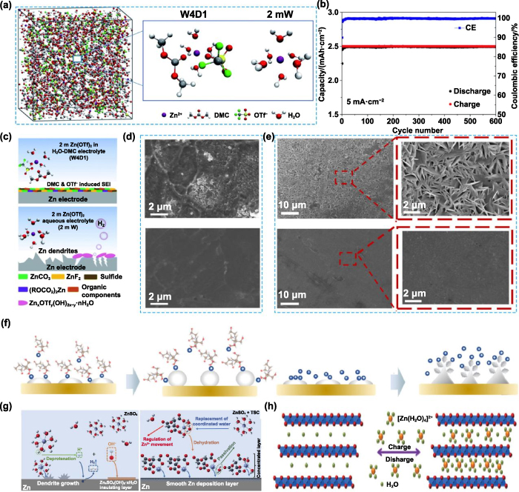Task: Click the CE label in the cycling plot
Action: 470,27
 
